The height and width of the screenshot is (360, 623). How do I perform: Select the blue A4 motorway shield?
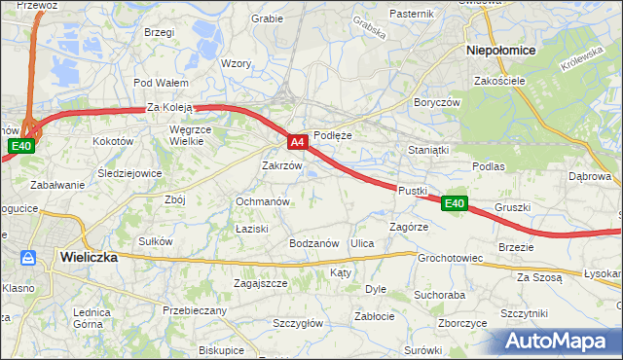coord(299,142)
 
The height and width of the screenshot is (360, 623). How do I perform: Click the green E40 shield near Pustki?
coord(455,203)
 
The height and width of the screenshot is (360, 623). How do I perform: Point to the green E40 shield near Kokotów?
coord(21,146)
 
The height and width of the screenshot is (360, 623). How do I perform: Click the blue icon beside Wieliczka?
coord(28,258)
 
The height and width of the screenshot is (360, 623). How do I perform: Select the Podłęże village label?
coord(332,136)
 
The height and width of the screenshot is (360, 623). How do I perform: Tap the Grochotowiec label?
coord(450,259)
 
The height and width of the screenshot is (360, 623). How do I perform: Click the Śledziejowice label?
coord(129,173)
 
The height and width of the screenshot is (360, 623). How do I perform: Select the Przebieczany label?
coord(195,310)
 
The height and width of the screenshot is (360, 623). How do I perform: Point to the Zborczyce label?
coord(462,323)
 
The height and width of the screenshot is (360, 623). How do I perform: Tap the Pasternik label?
coord(411,14)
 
